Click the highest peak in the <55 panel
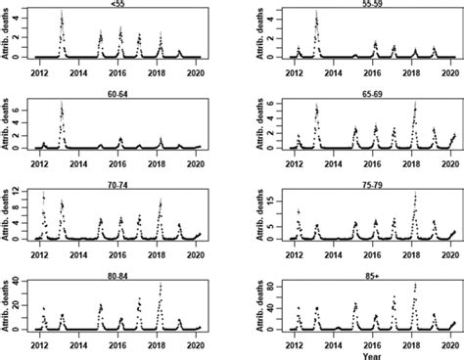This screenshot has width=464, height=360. click(x=62, y=14)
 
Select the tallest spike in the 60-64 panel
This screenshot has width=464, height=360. click(x=62, y=104)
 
